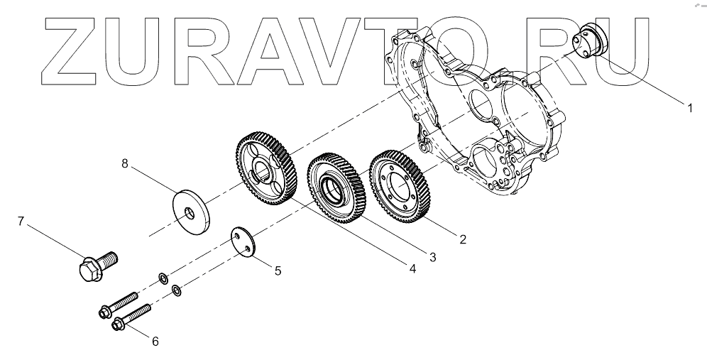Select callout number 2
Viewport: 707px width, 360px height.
coord(462,239)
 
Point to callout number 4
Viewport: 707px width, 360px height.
coord(410,268)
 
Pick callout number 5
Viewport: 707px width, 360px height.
coord(278,270)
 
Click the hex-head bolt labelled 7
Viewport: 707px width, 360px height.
coord(90,267)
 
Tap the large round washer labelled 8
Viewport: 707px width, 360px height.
coord(194,210)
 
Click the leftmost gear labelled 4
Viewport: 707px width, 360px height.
coord(265,167)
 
